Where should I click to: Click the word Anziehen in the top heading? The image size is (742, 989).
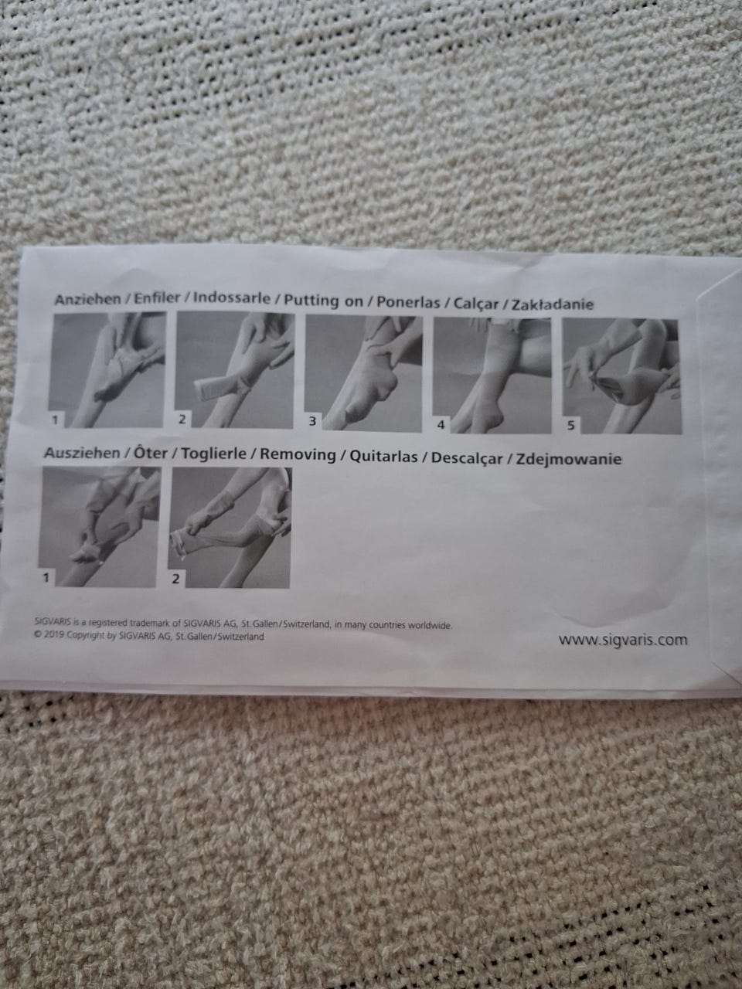(88, 300)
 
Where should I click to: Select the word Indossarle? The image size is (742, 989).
(232, 297)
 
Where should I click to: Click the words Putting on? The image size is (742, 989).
(324, 301)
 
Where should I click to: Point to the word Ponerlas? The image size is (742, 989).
(408, 302)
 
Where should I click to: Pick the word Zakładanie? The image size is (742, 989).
(553, 304)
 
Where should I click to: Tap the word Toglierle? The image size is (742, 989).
(213, 454)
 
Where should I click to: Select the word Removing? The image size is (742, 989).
(298, 455)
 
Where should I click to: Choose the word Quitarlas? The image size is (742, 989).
(384, 457)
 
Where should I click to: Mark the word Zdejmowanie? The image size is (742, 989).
(569, 459)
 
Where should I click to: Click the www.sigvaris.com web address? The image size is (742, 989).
(623, 640)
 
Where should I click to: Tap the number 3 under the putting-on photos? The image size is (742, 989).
(312, 421)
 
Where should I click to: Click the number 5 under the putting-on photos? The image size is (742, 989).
(571, 425)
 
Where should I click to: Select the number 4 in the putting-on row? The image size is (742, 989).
(441, 424)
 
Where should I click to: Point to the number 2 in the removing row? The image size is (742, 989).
(175, 579)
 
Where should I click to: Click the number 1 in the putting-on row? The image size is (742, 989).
(56, 420)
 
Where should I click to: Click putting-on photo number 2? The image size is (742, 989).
(234, 370)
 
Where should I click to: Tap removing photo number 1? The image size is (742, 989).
(99, 526)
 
